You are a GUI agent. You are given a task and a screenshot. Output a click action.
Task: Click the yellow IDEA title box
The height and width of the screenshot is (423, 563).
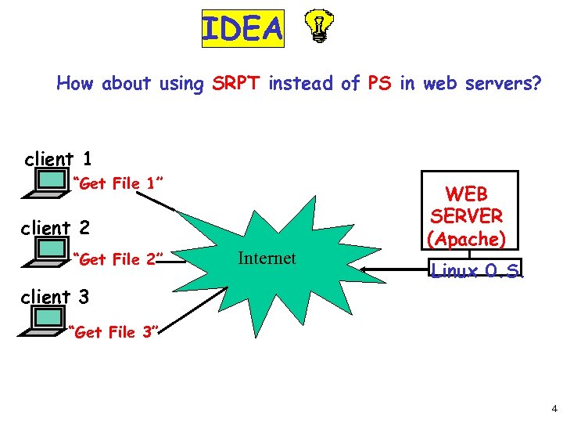[x=242, y=30]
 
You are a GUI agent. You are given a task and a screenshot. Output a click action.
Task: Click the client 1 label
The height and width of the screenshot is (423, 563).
[x=58, y=159]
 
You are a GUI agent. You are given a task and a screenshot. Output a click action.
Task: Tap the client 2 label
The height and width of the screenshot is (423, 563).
[x=56, y=229]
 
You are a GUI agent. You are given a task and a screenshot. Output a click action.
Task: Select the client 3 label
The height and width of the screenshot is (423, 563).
[x=56, y=297]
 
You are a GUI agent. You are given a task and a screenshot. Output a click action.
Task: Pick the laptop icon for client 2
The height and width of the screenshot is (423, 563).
[x=49, y=250]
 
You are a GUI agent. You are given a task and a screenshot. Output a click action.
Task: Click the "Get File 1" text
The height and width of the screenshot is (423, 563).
[x=117, y=184]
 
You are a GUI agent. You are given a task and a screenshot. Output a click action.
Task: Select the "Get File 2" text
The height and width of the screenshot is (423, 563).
[x=117, y=258]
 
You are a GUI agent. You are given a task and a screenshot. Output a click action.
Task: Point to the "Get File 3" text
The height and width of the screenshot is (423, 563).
[x=114, y=331]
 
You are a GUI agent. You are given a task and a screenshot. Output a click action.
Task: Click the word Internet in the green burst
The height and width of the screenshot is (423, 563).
[x=267, y=258]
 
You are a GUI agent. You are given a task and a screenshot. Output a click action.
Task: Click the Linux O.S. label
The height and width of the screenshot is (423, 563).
[x=476, y=271]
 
